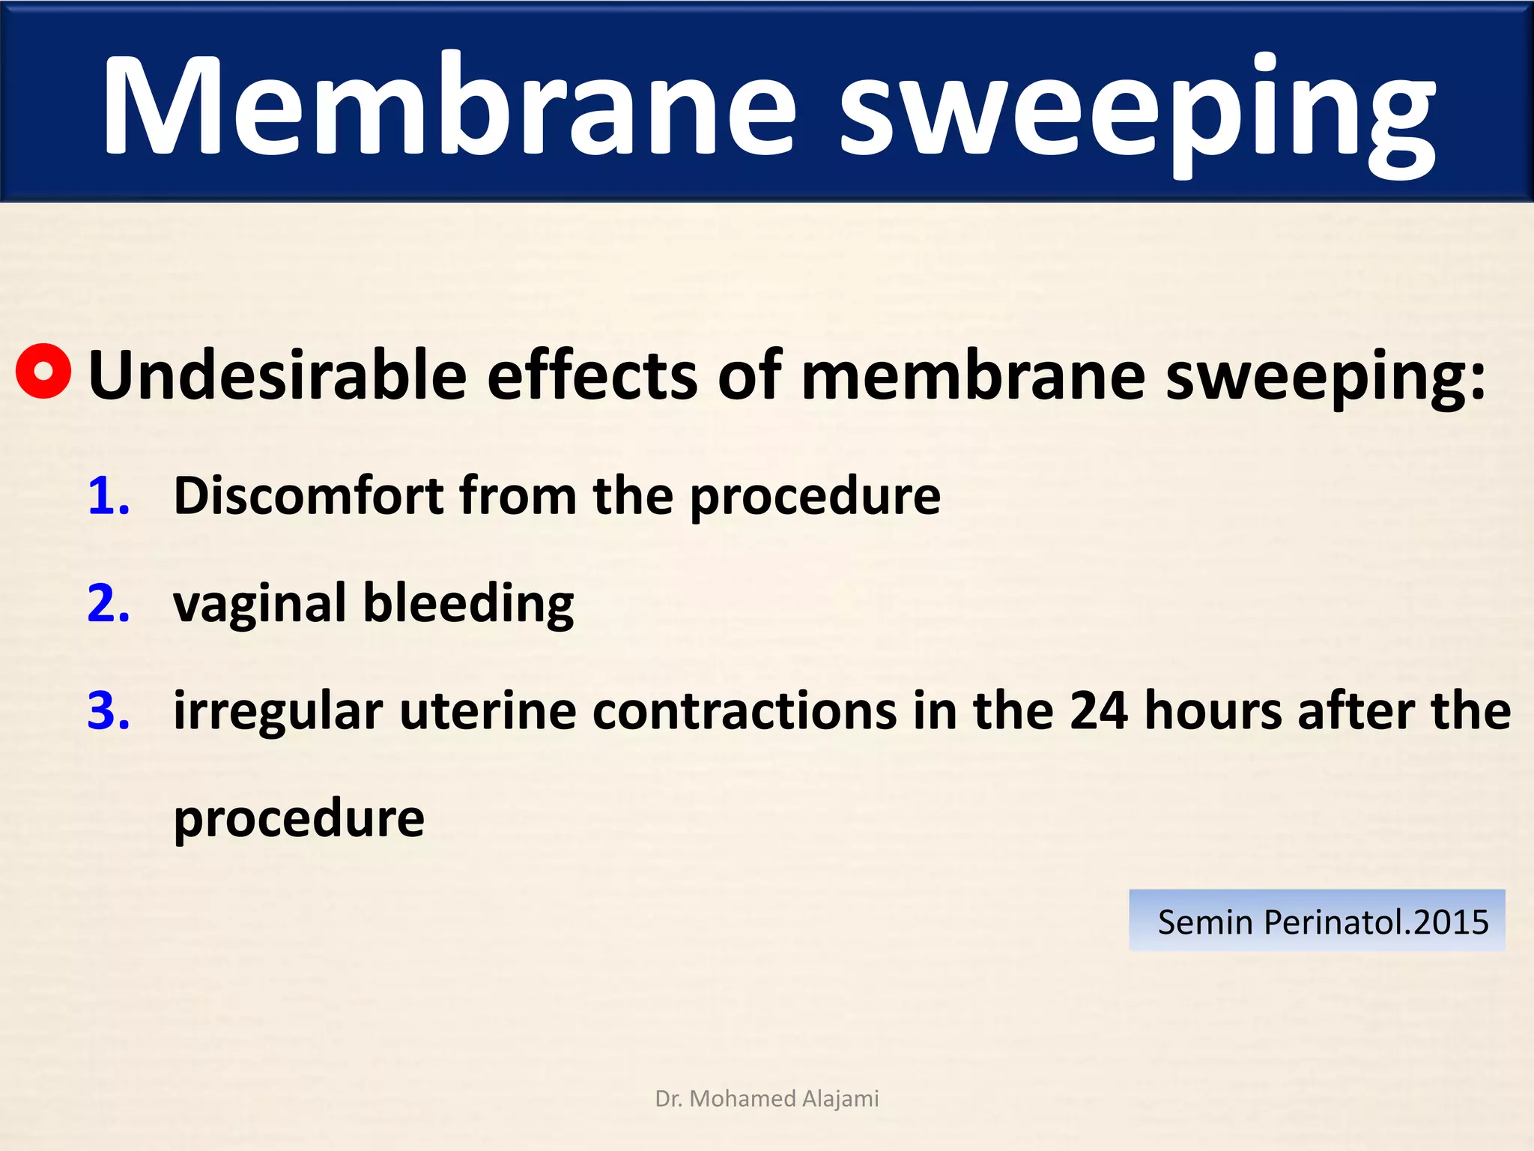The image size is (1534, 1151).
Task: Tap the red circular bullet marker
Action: pyautogui.click(x=43, y=371)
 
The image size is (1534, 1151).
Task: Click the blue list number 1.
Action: pyautogui.click(x=108, y=496)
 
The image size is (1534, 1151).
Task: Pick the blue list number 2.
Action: pyautogui.click(x=108, y=603)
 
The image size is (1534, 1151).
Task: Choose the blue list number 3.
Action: pyautogui.click(x=108, y=710)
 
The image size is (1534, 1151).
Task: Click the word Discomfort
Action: pyautogui.click(x=307, y=496)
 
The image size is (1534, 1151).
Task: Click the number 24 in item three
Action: pyautogui.click(x=1098, y=710)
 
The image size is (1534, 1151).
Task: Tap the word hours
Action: pyautogui.click(x=1213, y=710)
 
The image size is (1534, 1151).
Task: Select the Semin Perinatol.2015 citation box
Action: pyautogui.click(x=1317, y=921)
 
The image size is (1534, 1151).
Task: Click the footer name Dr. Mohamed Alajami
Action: pyautogui.click(x=767, y=1099)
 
